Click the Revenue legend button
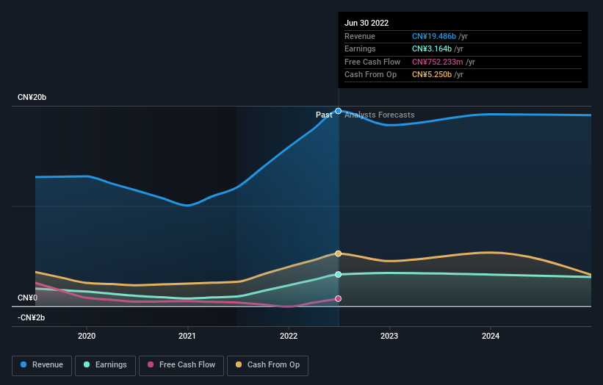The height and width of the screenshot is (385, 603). click(x=42, y=364)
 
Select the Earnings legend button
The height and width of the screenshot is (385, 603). click(x=105, y=364)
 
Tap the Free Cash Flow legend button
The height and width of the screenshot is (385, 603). click(x=180, y=364)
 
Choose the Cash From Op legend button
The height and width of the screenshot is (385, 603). click(x=268, y=364)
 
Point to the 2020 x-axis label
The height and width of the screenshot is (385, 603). click(x=87, y=336)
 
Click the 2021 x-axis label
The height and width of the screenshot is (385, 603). click(x=187, y=336)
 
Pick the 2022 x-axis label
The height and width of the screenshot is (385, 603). click(x=289, y=336)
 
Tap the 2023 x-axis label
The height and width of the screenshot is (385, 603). click(x=389, y=336)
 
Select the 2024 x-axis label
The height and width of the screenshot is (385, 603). click(x=491, y=336)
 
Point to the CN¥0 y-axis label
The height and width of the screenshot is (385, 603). click(x=28, y=298)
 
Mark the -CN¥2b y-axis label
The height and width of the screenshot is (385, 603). click(x=32, y=317)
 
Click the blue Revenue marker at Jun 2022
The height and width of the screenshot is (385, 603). click(x=339, y=111)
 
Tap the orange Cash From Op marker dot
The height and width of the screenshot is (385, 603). click(x=339, y=253)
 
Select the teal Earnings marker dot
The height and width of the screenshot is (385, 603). click(x=339, y=275)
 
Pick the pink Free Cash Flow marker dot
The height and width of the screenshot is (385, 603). click(x=339, y=299)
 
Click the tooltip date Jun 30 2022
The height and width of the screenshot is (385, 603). click(x=367, y=23)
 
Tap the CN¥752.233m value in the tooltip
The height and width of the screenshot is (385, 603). click(x=438, y=62)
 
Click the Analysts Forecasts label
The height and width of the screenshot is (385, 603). click(x=379, y=115)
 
